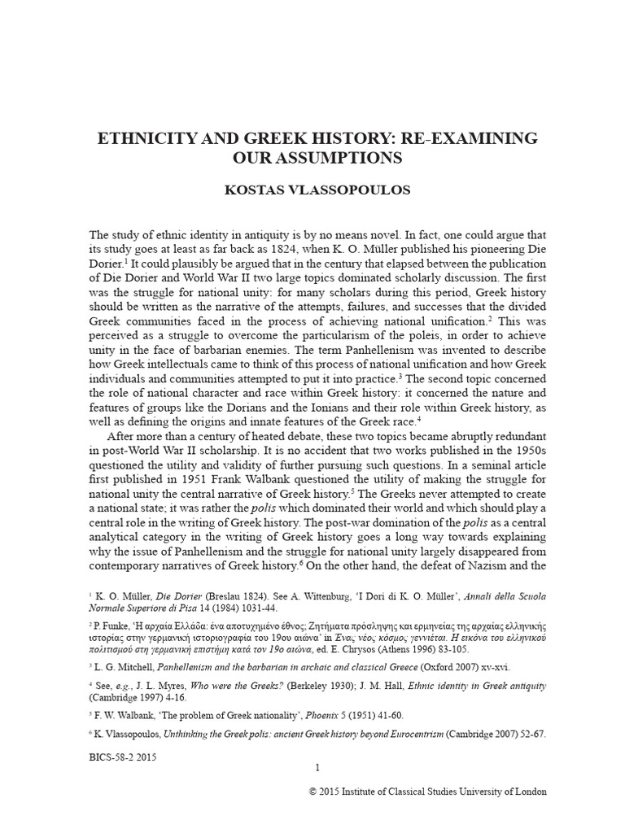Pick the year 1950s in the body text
pyautogui.click(x=516, y=459)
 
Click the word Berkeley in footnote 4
pyautogui.click(x=293, y=686)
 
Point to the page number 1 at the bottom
pyautogui.click(x=317, y=768)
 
